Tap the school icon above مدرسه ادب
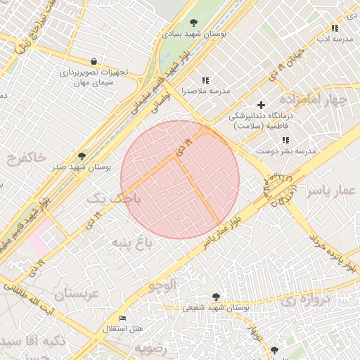(335, 28)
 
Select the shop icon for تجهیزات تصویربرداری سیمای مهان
(94, 61)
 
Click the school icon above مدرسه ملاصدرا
(205, 81)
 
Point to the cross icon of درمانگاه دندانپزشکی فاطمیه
(262, 105)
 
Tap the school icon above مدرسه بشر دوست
(285, 140)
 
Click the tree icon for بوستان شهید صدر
(82, 156)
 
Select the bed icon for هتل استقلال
(123, 318)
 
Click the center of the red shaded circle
(180, 179)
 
